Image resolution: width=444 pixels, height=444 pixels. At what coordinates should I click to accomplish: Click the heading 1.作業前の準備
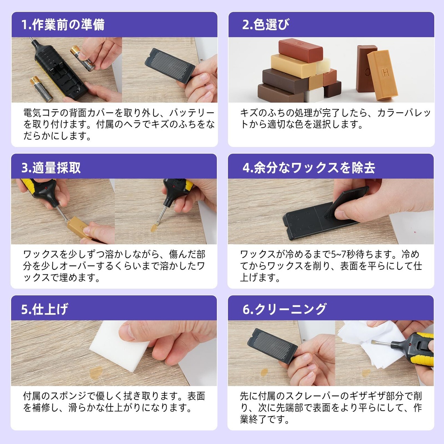tap(63, 25)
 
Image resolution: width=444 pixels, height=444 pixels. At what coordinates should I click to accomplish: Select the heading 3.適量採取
tap(51, 168)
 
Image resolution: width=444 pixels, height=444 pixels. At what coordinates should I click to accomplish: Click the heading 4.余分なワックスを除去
tap(309, 168)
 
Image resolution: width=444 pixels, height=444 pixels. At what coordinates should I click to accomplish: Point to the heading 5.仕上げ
tap(45, 309)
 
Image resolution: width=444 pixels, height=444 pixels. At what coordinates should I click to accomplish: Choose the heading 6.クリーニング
tap(284, 309)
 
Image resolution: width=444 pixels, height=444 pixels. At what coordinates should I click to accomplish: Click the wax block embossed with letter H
tap(383, 75)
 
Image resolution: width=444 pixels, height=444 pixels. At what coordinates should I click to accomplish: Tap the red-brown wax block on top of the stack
tap(300, 50)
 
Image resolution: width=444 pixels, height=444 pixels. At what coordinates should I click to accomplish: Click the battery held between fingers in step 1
tap(83, 58)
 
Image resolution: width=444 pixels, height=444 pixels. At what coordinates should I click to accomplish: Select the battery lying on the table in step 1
tap(42, 89)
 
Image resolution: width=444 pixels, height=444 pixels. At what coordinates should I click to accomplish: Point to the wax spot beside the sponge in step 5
tap(96, 373)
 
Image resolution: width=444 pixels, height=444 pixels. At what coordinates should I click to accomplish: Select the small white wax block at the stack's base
tap(314, 95)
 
